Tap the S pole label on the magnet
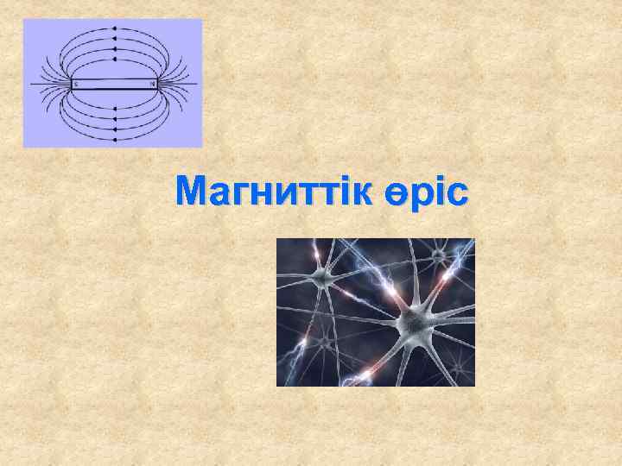click(x=75, y=84)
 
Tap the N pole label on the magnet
click(x=153, y=84)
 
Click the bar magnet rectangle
click(x=113, y=84)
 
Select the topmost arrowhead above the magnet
click(x=113, y=28)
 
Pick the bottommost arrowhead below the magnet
click(x=113, y=139)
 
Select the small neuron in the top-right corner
click(x=441, y=256)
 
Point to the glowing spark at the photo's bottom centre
click(x=367, y=373)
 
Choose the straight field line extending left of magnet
click(x=48, y=84)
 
